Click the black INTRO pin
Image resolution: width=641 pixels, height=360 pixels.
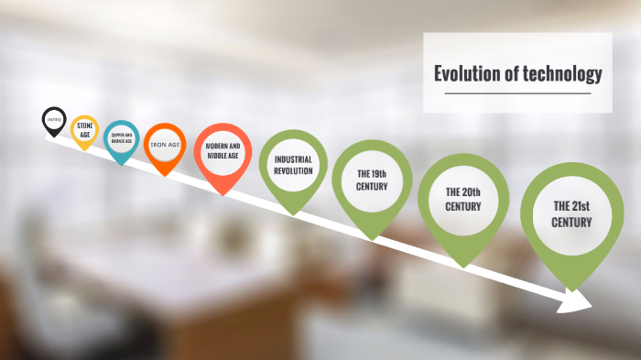(x=54, y=120)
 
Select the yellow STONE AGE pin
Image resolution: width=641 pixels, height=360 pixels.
(x=84, y=130)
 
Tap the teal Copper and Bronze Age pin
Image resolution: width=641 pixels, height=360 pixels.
(x=122, y=139)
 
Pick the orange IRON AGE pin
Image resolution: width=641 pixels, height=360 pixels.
(x=165, y=145)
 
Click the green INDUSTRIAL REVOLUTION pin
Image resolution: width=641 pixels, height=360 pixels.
(x=293, y=164)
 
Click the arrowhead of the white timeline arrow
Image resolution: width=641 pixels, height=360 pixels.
(x=579, y=301)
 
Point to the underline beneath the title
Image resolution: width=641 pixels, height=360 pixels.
(x=518, y=93)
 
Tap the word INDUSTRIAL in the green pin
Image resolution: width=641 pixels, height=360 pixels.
(x=293, y=158)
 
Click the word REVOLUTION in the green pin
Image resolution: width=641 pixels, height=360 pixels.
(x=293, y=170)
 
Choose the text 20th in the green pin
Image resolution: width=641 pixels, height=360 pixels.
(x=473, y=192)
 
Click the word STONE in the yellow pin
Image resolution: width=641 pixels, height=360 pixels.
(x=84, y=125)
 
